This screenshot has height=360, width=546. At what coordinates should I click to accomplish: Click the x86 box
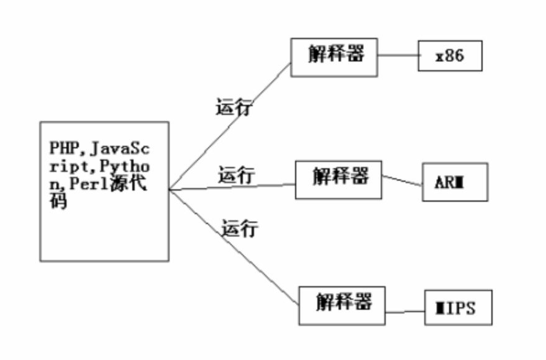[449, 56]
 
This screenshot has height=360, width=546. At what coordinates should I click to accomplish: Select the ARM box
[455, 182]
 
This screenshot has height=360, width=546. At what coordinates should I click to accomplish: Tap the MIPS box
[458, 307]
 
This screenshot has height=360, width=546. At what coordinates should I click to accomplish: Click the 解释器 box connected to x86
[334, 57]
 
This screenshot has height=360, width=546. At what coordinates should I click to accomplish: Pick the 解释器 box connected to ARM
[338, 180]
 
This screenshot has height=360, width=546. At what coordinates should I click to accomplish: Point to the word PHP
[62, 149]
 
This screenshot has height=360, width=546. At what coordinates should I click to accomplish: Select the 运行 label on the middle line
[236, 176]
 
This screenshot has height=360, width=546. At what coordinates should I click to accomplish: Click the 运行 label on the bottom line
[240, 229]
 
